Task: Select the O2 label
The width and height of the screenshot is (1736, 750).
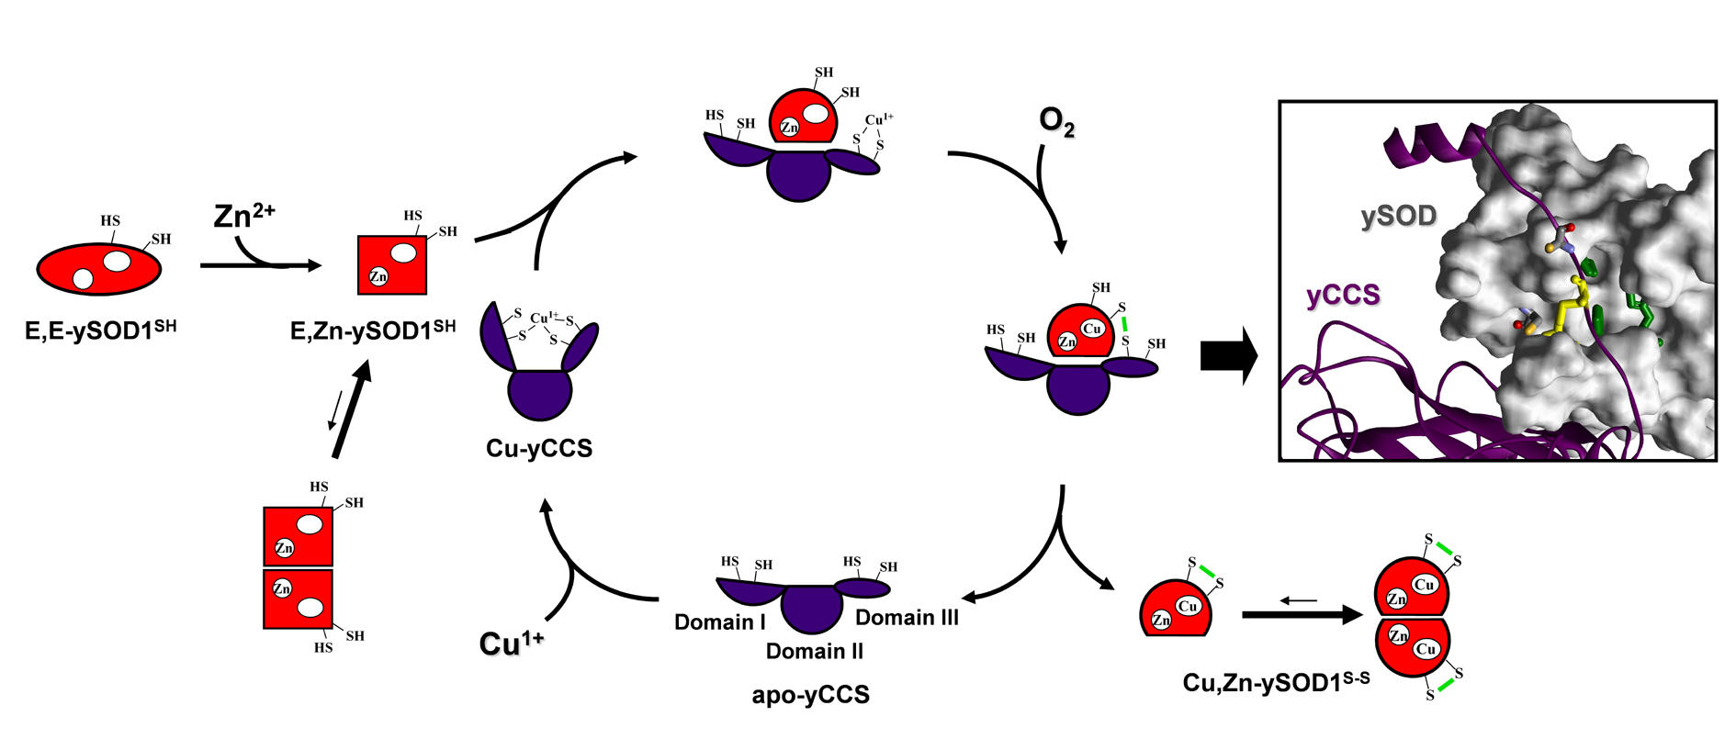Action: pos(1056,121)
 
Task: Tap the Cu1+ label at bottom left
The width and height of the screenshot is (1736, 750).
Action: pos(511,644)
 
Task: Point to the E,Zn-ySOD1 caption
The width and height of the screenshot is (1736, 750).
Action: pos(372,330)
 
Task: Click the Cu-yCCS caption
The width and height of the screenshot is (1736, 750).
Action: pos(539,449)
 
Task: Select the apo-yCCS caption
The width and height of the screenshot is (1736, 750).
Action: pos(810,695)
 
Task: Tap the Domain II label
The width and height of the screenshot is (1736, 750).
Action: pos(815,652)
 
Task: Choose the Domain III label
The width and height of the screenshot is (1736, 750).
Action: pos(907,618)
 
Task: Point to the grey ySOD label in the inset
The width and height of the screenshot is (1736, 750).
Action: pos(1398,217)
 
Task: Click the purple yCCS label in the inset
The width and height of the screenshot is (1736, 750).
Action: pos(1343,295)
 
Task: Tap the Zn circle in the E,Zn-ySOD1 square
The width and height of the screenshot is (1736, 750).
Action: pos(378,276)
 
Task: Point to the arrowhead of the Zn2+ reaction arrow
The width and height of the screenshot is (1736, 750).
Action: pos(315,266)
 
